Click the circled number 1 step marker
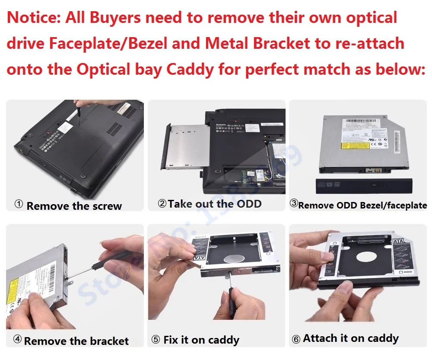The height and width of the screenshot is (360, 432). pos(19,204)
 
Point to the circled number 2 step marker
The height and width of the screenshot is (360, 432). pos(162,203)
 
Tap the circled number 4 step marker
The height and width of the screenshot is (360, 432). pos(17,339)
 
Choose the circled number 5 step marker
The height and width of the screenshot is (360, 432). pos(156,340)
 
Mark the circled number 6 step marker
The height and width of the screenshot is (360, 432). pos(296,339)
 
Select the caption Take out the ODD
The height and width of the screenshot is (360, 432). pos(215,204)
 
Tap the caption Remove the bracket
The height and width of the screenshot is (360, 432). pos(76,341)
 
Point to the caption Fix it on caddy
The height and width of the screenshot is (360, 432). pos(201,340)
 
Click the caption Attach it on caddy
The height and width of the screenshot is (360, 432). pos(351,338)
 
